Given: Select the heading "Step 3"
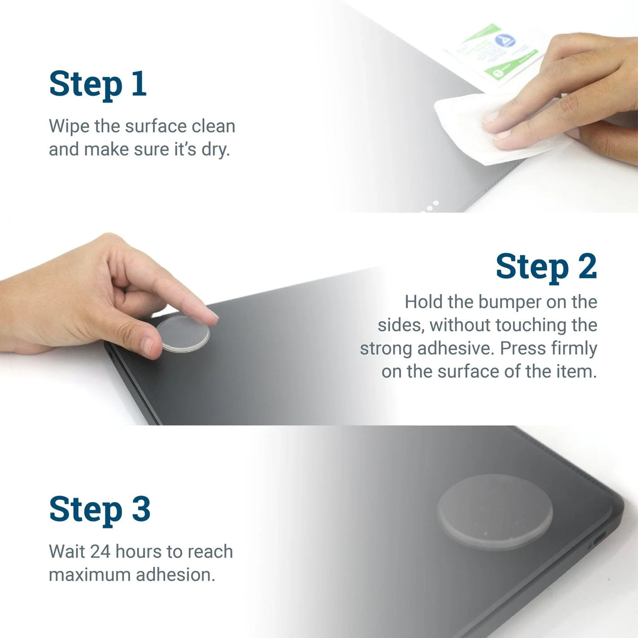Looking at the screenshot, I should (99, 509).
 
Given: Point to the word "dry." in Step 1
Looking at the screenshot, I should (215, 149).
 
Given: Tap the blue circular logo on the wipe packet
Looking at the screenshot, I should (502, 41).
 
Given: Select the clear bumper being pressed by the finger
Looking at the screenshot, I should (183, 334).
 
